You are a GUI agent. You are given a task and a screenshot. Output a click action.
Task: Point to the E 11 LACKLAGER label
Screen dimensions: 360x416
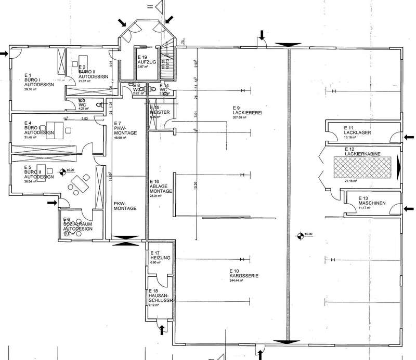point(357,131)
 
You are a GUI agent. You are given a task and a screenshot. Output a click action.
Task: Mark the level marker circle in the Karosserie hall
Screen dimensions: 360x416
point(299,235)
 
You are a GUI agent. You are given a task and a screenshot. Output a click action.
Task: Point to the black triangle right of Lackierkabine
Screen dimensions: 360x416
point(399,166)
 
